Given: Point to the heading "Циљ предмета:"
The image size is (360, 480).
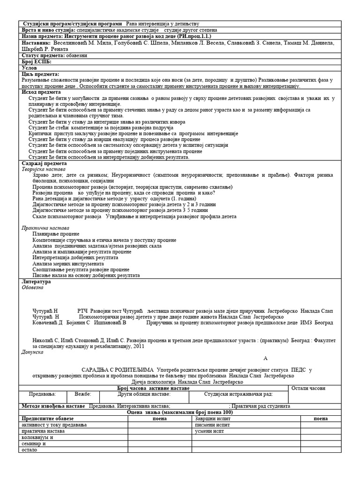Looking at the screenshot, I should [x=40, y=74].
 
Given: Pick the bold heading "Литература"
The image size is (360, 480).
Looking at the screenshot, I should [x=36, y=282].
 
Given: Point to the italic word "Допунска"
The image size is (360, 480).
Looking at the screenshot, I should [x=33, y=351].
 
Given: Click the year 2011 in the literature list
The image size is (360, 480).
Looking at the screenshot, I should [x=139, y=346].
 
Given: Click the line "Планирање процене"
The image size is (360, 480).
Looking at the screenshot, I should [x=56, y=233].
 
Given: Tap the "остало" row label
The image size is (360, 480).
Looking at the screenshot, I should [x=29, y=449].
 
